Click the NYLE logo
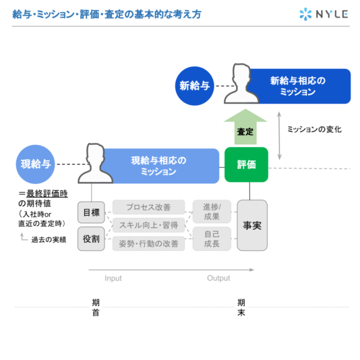pos(324,14)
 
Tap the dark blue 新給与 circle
pos(194,86)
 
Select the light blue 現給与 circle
pos(35,164)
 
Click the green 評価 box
pos(246,164)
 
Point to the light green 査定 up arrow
pos(245,127)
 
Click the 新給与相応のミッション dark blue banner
pos(299,86)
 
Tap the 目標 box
pos(91,212)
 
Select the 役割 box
pos(91,239)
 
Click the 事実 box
pos(252,225)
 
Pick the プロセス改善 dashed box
pos(148,207)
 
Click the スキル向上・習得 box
pos(148,225)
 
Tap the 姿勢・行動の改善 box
pos(148,243)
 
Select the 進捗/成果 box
pos(212,212)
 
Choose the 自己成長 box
pos(212,239)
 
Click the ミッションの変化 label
pos(314,129)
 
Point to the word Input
pos(113,278)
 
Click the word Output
pos(218,278)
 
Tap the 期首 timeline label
pos(96,307)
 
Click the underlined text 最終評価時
pos(47,193)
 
